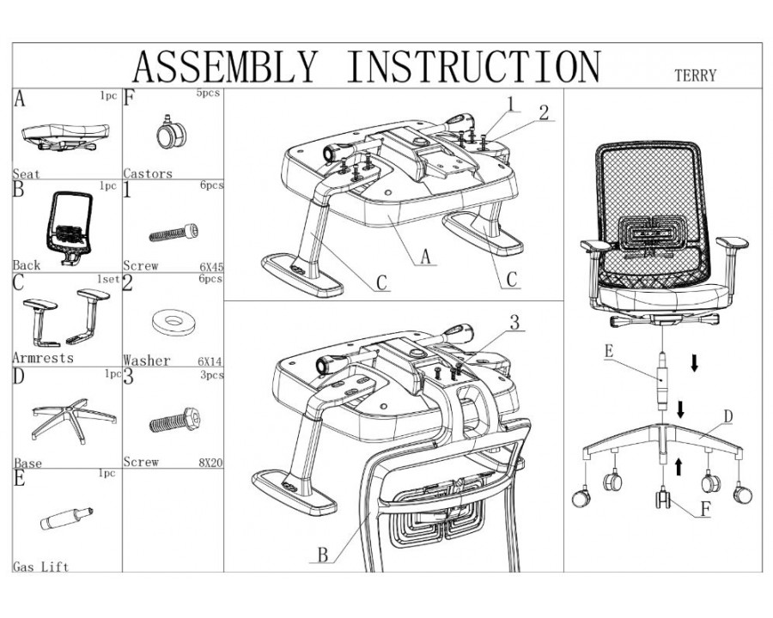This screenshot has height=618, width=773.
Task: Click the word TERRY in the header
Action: coord(695,76)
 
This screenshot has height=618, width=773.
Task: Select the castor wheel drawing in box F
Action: coord(167,133)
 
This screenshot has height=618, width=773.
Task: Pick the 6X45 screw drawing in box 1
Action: coord(174,231)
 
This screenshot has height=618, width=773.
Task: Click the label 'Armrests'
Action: coord(43,357)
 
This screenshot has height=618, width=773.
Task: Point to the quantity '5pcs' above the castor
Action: coord(210,95)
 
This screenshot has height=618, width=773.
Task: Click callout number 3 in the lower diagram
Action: coord(514,324)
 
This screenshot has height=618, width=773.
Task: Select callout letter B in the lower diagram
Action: coord(323,554)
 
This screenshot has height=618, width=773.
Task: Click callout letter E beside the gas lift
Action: coord(609,351)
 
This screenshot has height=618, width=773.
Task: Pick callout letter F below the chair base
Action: coord(704,508)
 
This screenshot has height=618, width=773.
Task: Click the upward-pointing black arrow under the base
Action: coord(679,466)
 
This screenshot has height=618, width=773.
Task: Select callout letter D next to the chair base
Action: coord(727,417)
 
